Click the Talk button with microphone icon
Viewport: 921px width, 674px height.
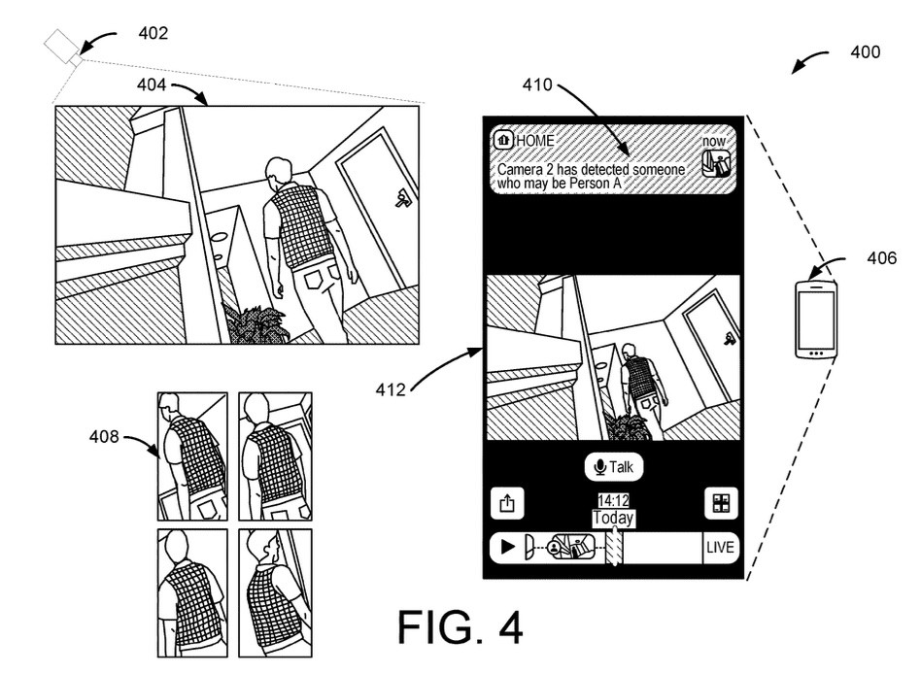pyautogui.click(x=613, y=467)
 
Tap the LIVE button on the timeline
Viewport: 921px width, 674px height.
pyautogui.click(x=720, y=548)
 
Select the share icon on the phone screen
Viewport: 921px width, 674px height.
pyautogui.click(x=505, y=502)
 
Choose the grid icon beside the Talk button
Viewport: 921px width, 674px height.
pyautogui.click(x=721, y=502)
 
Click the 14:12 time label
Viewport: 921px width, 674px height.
pyautogui.click(x=613, y=501)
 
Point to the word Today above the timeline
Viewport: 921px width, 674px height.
pyautogui.click(x=613, y=518)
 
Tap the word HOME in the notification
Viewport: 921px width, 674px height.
pyautogui.click(x=535, y=141)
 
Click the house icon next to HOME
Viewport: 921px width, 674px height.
pyautogui.click(x=503, y=141)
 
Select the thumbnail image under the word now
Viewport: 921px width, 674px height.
pyautogui.click(x=715, y=164)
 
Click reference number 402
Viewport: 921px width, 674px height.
pyautogui.click(x=153, y=33)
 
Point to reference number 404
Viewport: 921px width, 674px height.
pyautogui.click(x=151, y=85)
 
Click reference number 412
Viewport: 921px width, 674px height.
pyautogui.click(x=391, y=390)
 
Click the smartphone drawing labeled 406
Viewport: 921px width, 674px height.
pyautogui.click(x=814, y=319)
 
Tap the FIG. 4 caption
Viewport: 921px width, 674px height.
pyautogui.click(x=460, y=626)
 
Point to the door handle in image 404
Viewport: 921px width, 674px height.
pyautogui.click(x=400, y=200)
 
